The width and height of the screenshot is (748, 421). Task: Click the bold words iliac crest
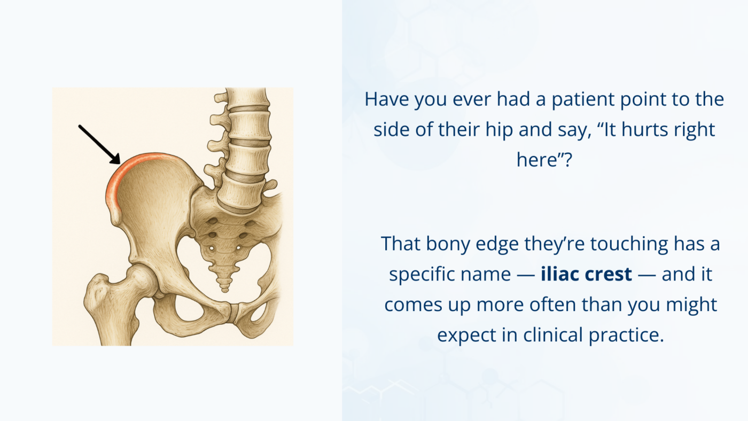click(586, 274)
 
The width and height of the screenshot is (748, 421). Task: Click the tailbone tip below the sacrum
click(225, 289)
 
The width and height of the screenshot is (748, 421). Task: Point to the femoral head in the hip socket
click(142, 278)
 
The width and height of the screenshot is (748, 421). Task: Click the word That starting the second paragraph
click(400, 244)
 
